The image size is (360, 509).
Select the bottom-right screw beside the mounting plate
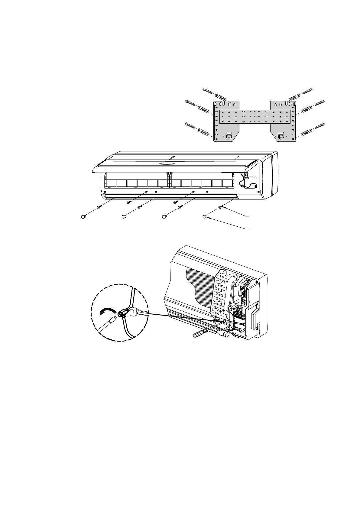pyautogui.click(x=320, y=125)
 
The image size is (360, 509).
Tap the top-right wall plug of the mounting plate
pyautogui.click(x=294, y=97)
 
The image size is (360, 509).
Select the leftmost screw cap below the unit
pyautogui.click(x=83, y=216)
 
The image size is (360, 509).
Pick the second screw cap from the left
pyautogui.click(x=124, y=216)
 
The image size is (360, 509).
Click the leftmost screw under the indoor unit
pyautogui.click(x=99, y=207)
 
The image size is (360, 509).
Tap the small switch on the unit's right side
pyautogui.click(x=247, y=175)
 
